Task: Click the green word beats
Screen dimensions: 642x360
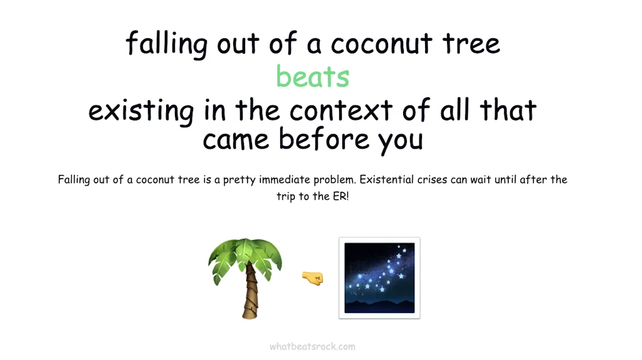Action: (312, 76)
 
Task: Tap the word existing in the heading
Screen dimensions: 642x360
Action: (141, 110)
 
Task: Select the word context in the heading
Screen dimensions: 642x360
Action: (340, 110)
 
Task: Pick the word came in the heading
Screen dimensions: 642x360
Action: (236, 140)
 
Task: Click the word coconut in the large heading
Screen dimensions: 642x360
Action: (381, 43)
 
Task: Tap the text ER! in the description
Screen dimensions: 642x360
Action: (340, 196)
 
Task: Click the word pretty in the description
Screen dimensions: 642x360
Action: (239, 180)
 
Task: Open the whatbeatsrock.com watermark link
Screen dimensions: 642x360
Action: (312, 346)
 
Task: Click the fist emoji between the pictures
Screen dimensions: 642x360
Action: (312, 278)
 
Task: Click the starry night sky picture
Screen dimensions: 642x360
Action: (379, 278)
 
